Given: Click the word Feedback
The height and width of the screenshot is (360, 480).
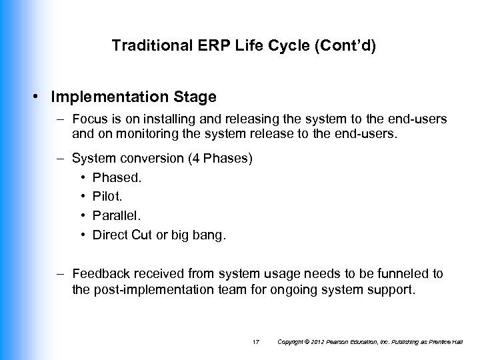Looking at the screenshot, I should tap(96, 273).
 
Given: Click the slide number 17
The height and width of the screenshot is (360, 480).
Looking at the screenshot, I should tap(256, 342).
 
